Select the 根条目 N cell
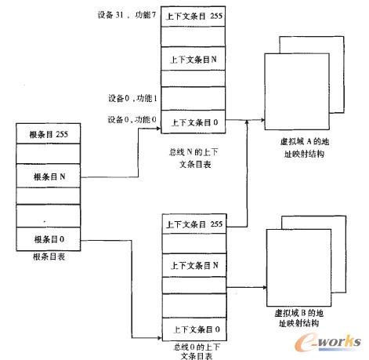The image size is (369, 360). point(49,176)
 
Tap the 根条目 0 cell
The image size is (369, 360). point(49,238)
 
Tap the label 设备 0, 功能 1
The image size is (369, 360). point(132,98)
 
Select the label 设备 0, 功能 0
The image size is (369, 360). point(132,120)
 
